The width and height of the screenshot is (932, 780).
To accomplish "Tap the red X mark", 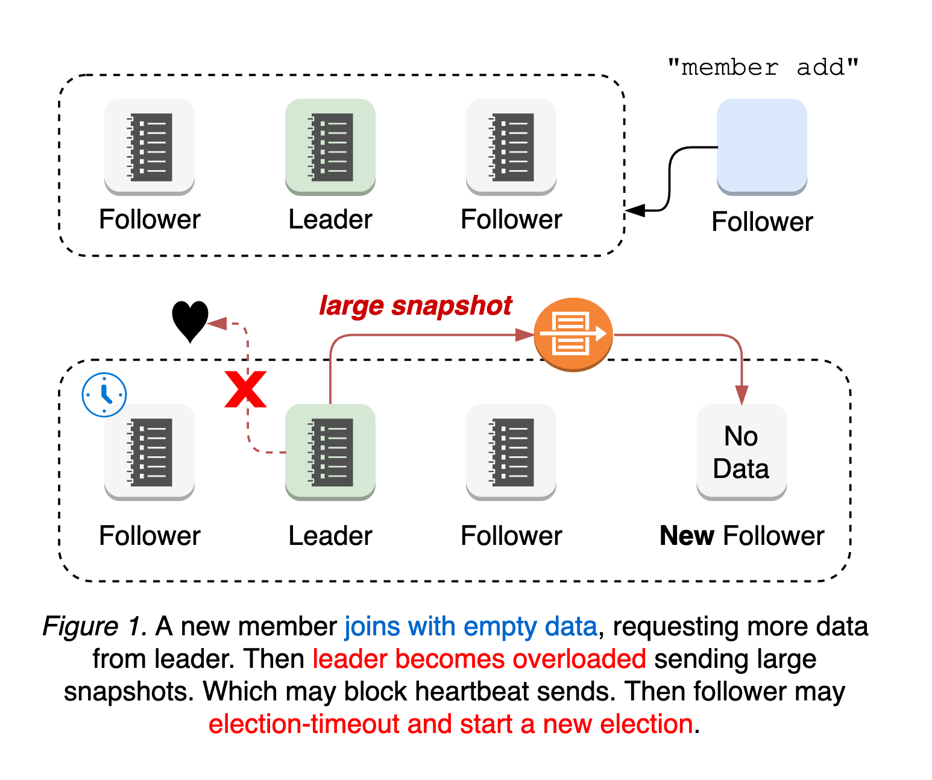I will [245, 390].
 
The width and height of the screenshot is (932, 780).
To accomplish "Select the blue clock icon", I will [104, 395].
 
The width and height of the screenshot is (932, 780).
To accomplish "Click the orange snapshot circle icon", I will [573, 334].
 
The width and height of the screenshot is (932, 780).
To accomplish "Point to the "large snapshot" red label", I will [415, 306].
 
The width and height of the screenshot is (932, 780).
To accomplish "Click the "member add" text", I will [763, 67].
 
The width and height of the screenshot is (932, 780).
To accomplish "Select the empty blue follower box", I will [761, 146].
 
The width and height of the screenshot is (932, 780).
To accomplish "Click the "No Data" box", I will [742, 452].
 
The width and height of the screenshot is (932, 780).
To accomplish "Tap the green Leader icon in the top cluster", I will [330, 146].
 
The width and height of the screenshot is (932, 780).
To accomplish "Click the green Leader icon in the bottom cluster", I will [330, 451].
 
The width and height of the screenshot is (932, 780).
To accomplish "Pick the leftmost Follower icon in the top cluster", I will [150, 146].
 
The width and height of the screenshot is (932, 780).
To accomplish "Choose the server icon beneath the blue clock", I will [150, 451].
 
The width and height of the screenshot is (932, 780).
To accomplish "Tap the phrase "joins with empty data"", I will [471, 627].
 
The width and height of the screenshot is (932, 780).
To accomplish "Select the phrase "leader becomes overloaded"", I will [479, 659].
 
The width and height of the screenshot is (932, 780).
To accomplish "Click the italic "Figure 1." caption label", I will [95, 627].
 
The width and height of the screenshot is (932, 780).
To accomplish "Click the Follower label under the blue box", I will [762, 222].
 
